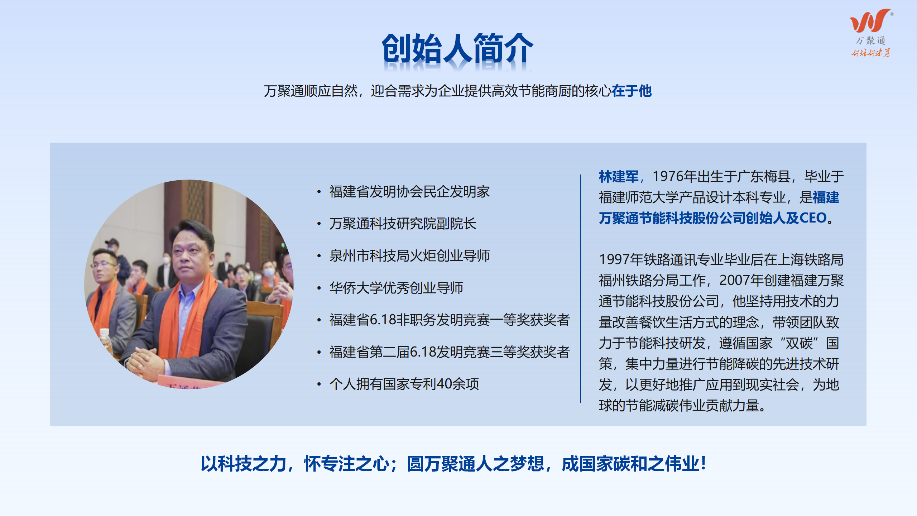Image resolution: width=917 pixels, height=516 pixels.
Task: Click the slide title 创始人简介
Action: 457,49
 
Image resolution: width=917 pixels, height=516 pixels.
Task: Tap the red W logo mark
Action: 870,20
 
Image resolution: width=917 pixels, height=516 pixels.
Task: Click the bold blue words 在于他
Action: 632,91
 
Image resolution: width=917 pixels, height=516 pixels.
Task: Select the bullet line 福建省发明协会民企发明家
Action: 409,192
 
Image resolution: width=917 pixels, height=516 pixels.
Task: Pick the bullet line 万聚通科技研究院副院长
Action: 403,224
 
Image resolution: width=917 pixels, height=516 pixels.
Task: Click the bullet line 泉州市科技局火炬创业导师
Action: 409,256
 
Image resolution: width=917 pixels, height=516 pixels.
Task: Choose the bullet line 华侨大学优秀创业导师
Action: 396,288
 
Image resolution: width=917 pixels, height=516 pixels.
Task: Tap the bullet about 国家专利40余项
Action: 404,384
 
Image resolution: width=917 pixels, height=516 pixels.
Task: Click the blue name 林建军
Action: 619,177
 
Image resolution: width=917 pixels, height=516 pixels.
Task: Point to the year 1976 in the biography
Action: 668,177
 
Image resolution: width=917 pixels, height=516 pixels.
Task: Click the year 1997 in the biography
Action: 614,260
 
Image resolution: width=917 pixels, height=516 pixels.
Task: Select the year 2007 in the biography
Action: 735,281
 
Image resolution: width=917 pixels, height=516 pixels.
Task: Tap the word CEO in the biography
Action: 813,218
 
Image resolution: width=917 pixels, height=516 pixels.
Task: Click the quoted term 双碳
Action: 799,343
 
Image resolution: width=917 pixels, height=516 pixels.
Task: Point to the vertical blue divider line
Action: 580,289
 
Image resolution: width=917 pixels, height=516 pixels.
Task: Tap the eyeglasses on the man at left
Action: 104,265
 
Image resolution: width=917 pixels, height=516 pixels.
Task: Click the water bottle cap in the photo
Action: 104,331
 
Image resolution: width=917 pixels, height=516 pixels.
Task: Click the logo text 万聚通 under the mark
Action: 870,41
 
